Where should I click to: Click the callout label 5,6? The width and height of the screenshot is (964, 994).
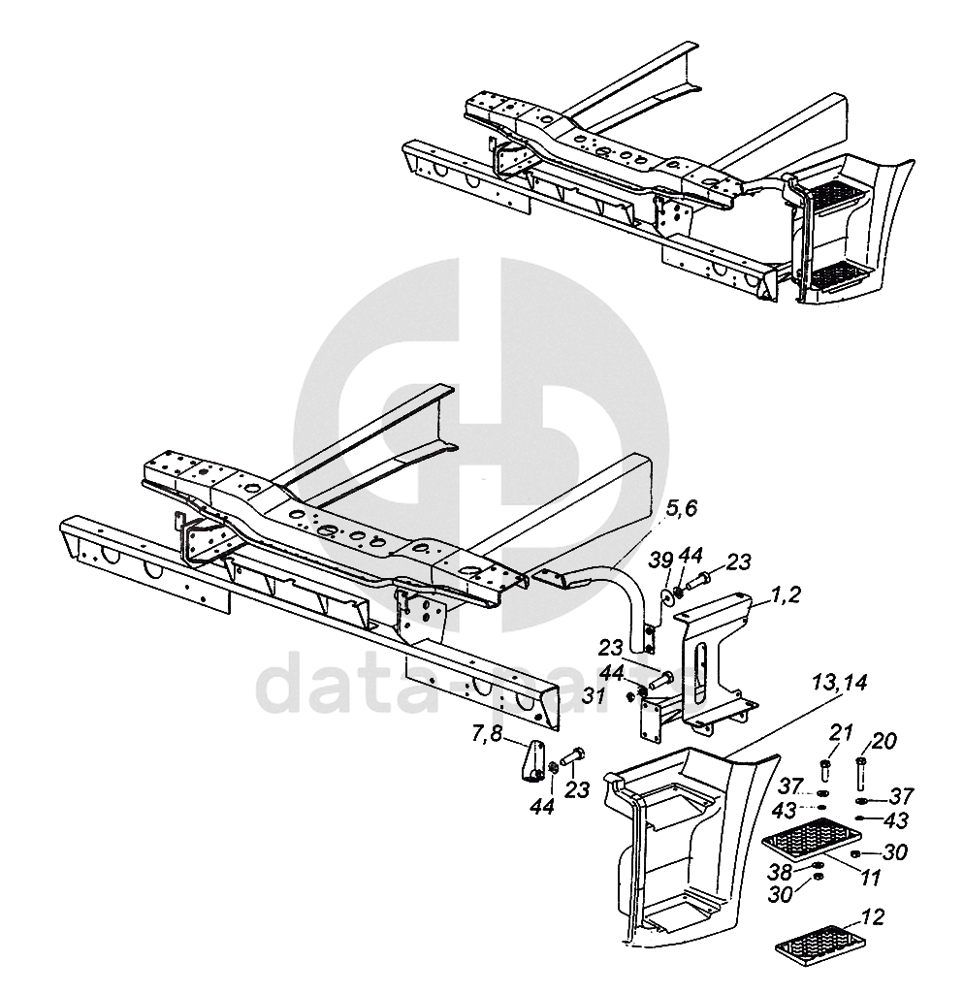coord(681,507)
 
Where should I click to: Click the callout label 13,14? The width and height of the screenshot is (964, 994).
coord(840,683)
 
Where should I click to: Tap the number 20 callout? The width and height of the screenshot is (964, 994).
coord(884,741)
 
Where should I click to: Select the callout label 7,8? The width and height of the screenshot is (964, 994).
coord(488,734)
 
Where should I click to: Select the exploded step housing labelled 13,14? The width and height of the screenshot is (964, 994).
coord(679,844)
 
